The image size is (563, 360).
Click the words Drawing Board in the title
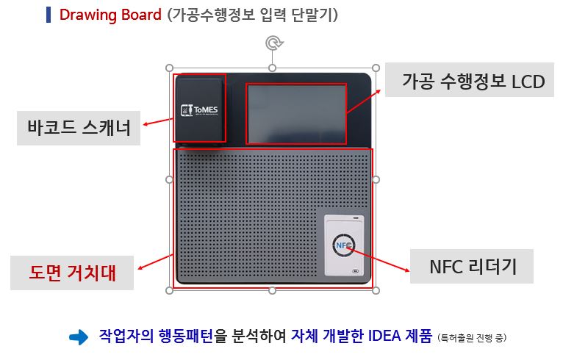click(x=110, y=15)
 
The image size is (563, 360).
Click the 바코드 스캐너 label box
click(x=79, y=128)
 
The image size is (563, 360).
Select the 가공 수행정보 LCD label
click(x=473, y=82)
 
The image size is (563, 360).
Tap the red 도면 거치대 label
click(x=73, y=273)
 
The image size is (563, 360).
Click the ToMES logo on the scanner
click(x=199, y=111)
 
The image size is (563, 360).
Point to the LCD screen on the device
click(x=295, y=114)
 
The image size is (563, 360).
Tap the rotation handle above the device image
click(x=273, y=44)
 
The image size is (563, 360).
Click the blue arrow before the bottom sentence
click(x=78, y=337)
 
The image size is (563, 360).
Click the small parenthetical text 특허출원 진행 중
click(x=472, y=338)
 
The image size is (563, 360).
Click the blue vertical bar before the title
click(x=49, y=15)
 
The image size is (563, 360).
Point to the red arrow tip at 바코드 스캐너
click(x=145, y=125)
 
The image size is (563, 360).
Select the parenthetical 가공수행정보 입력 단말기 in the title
click(x=252, y=15)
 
